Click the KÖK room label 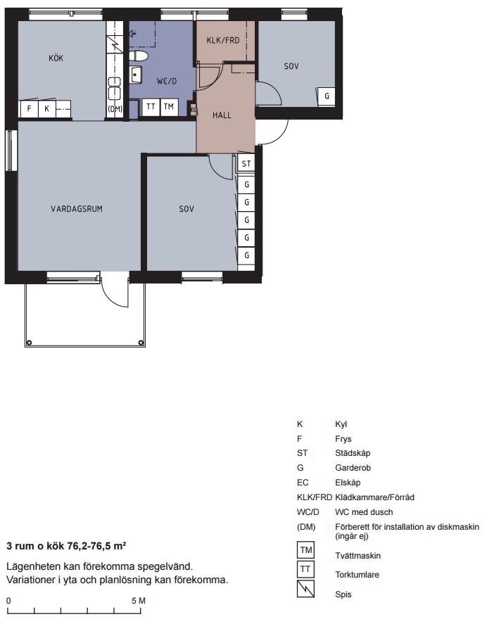coord(56,58)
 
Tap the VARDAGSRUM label coord(77,209)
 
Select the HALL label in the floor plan coord(222,115)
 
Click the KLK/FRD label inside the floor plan coord(223,41)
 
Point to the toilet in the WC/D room coord(138,56)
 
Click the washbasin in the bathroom coord(135,75)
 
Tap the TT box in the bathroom coord(151,107)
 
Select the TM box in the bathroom coord(169,107)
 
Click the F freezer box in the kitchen coord(29,108)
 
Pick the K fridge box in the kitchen coord(46,108)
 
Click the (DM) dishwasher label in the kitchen coord(115,108)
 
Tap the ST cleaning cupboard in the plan coord(246,163)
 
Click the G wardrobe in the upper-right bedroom coord(326,96)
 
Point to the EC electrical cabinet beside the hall coord(193,110)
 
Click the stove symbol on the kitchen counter coord(115,44)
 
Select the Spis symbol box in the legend coord(306,589)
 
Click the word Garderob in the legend coord(353,468)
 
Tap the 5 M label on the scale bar coord(139,601)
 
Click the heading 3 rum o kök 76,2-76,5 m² coord(66,546)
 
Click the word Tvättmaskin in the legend coord(358,556)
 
